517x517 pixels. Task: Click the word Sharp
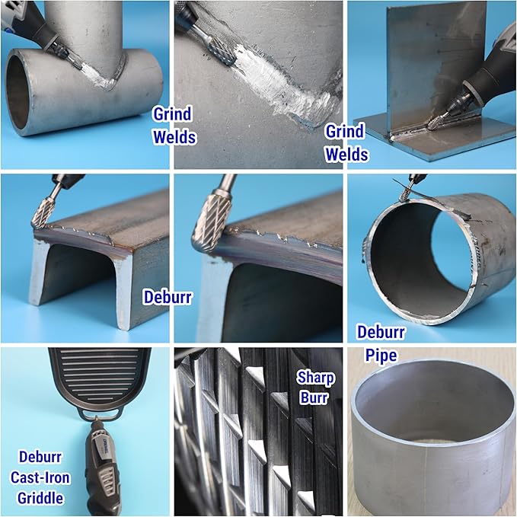[315, 378]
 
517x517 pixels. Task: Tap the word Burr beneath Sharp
[314, 397]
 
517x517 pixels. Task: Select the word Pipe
[381, 356]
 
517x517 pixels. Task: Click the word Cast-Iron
[40, 477]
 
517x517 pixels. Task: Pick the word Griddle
[40, 498]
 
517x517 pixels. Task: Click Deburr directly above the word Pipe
[381, 332]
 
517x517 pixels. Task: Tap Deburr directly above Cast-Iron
[40, 457]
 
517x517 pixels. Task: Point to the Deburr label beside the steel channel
[168, 297]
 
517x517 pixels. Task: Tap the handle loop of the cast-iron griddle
[98, 415]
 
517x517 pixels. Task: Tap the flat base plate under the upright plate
[439, 139]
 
